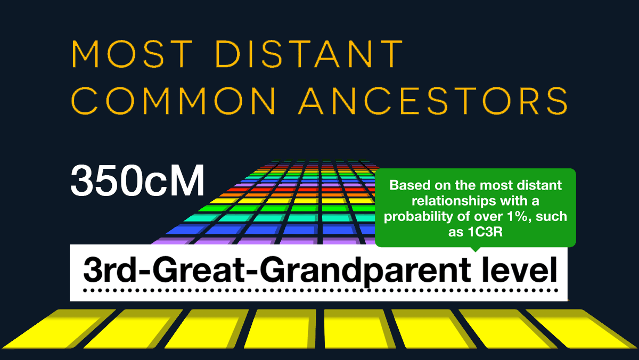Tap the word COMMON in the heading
(x=173, y=101)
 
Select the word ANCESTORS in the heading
(x=433, y=101)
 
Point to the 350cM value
(x=137, y=181)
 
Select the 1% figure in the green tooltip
(x=518, y=217)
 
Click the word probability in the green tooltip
(x=418, y=217)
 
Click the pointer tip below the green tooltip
(x=475, y=252)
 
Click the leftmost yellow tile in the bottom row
(x=59, y=329)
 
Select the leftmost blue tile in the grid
(x=187, y=230)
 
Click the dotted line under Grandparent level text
(x=320, y=291)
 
